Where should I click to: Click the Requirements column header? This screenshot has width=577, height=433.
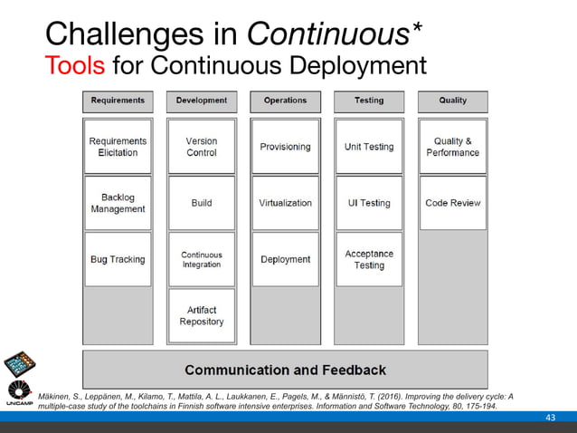point(118,101)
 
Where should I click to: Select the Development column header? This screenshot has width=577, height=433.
point(202,101)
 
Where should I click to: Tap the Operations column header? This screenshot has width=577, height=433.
point(285,101)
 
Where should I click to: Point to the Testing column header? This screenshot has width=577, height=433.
point(369,101)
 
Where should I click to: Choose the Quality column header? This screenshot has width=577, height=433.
point(452,101)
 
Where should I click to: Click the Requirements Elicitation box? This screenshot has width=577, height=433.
point(118,147)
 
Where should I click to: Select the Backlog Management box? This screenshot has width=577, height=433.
point(118,203)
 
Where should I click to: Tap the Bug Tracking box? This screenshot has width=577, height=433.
point(118,260)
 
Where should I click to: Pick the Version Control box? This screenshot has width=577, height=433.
point(202,147)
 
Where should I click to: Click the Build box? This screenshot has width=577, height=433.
point(202,203)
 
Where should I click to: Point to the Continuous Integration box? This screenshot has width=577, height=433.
point(202,260)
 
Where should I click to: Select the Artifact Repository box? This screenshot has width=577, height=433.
point(202,316)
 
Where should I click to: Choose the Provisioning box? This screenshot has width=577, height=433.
point(285,147)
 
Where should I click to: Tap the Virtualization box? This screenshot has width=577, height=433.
point(285,203)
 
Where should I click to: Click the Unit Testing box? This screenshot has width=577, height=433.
point(369,147)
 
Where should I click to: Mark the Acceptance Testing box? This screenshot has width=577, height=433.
point(369,260)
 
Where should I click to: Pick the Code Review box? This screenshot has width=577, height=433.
point(452,203)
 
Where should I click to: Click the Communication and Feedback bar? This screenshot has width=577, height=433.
point(285,370)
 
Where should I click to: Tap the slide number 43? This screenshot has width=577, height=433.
point(550,416)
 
